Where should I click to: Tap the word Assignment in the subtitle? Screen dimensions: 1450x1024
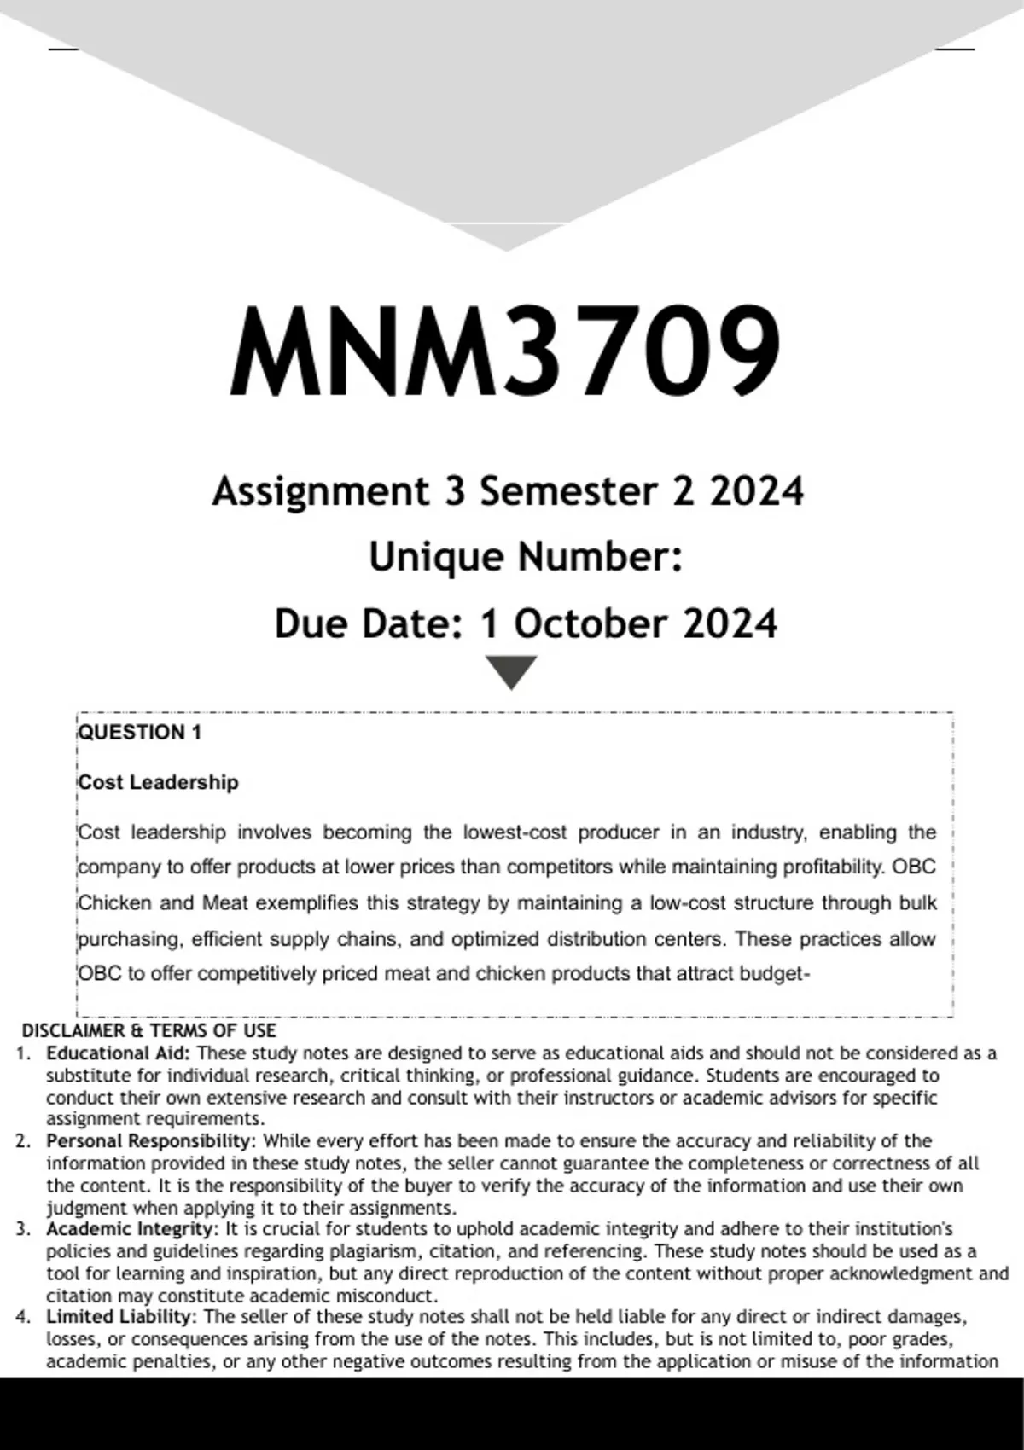[x=320, y=492]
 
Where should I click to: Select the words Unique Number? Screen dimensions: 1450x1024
[x=525, y=558]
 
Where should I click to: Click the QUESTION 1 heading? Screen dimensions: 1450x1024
[x=140, y=733]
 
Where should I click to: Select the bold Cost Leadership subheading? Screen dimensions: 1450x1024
[x=159, y=782]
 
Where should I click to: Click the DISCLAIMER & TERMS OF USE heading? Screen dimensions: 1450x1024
[x=149, y=1030]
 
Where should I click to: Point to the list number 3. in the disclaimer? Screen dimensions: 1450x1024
[x=23, y=1229]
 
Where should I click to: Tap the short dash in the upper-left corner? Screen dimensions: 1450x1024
[x=64, y=49]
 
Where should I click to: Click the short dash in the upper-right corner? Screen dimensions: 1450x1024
[x=955, y=49]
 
